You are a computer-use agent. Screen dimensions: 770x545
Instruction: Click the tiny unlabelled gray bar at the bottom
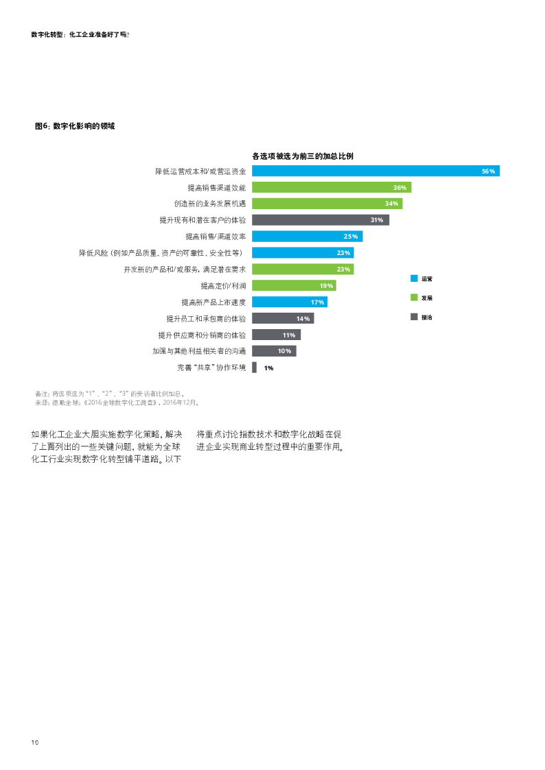pos(254,368)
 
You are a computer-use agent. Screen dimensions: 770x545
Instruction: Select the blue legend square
pos(414,278)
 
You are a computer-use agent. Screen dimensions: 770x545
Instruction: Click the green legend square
pos(414,297)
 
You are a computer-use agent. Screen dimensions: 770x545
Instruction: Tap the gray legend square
pos(414,316)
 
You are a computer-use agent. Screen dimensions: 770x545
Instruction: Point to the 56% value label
pos(488,171)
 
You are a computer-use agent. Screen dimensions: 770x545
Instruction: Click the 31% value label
pos(376,220)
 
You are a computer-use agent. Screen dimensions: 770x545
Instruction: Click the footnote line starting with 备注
pos(110,394)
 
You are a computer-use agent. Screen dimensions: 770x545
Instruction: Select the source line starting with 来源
pos(117,403)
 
